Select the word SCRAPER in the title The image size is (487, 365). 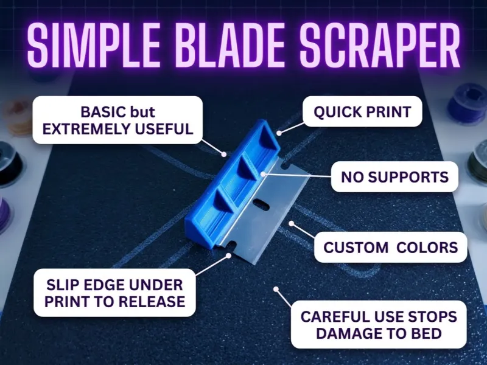click(x=379, y=45)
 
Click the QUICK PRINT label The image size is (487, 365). click(x=362, y=112)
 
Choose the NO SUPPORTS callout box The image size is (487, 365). click(x=394, y=177)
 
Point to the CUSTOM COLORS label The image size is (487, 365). click(x=390, y=248)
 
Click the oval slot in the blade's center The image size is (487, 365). click(x=261, y=205)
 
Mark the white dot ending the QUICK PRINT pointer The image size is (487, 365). click(x=279, y=133)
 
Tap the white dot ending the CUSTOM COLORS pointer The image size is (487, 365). click(x=291, y=223)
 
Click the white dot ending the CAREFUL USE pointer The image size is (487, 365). click(x=276, y=289)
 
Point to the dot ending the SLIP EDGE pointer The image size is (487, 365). click(x=229, y=255)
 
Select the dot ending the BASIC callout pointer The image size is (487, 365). click(x=224, y=154)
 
